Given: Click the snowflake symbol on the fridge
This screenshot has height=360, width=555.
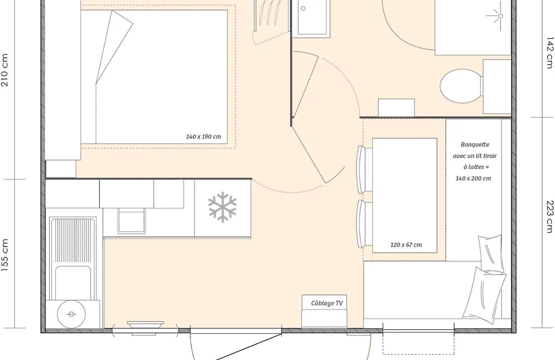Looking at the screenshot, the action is (x=223, y=207).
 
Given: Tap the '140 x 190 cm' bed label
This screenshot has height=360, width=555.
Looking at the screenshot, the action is (x=203, y=137).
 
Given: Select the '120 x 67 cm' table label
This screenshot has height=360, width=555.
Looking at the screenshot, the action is (x=406, y=245).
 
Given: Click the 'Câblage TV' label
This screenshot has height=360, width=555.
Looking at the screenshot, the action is (x=327, y=303).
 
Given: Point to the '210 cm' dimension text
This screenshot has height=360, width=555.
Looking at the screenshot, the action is (x=5, y=70).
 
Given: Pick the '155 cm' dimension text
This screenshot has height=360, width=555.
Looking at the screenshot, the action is (x=5, y=255).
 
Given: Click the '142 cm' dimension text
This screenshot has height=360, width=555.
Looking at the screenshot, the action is (x=550, y=52).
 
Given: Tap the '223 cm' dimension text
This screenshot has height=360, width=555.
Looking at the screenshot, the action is (x=550, y=217).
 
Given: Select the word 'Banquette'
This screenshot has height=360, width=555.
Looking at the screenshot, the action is (x=475, y=145).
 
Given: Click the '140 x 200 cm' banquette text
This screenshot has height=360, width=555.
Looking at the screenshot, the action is (x=473, y=178).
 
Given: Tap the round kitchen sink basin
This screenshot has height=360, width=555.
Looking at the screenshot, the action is (x=71, y=314).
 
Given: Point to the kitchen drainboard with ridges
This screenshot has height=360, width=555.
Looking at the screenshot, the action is (x=73, y=241).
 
